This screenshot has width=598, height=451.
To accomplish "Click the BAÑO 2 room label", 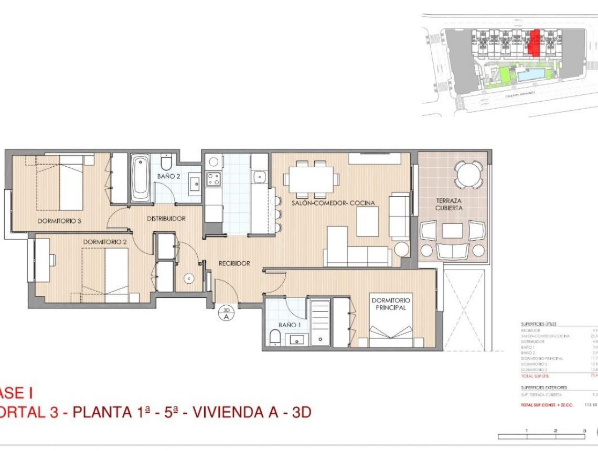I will pos(169,177).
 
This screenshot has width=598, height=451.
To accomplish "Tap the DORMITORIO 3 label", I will pos(59,221).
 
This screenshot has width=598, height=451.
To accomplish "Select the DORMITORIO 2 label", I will pos(105,242).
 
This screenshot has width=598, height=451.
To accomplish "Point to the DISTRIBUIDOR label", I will pos(166,219).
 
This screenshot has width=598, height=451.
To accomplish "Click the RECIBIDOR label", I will pos(234,263).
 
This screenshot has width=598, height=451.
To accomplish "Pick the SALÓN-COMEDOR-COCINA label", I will pos(333,202).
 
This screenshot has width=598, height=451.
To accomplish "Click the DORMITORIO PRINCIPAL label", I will pos(391,304).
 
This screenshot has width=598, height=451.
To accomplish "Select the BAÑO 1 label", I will pos(290,325).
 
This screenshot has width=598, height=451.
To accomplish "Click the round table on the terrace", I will pos(469,174).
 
